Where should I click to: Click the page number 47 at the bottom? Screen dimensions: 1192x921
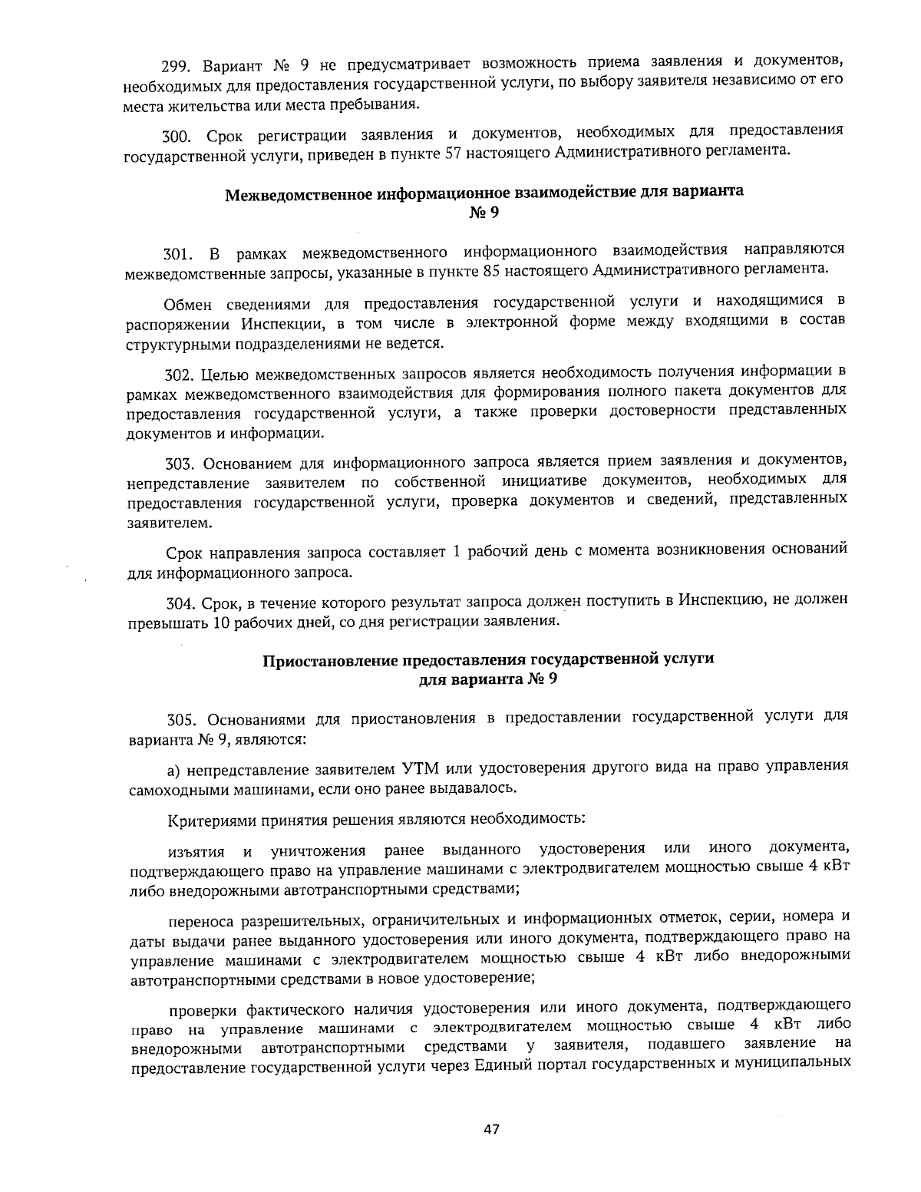tap(492, 1129)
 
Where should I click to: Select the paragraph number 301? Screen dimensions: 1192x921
tap(180, 254)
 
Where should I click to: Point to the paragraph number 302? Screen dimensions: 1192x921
tap(180, 375)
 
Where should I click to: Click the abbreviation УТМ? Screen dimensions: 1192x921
tap(420, 768)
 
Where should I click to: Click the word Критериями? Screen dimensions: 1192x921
tap(208, 819)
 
